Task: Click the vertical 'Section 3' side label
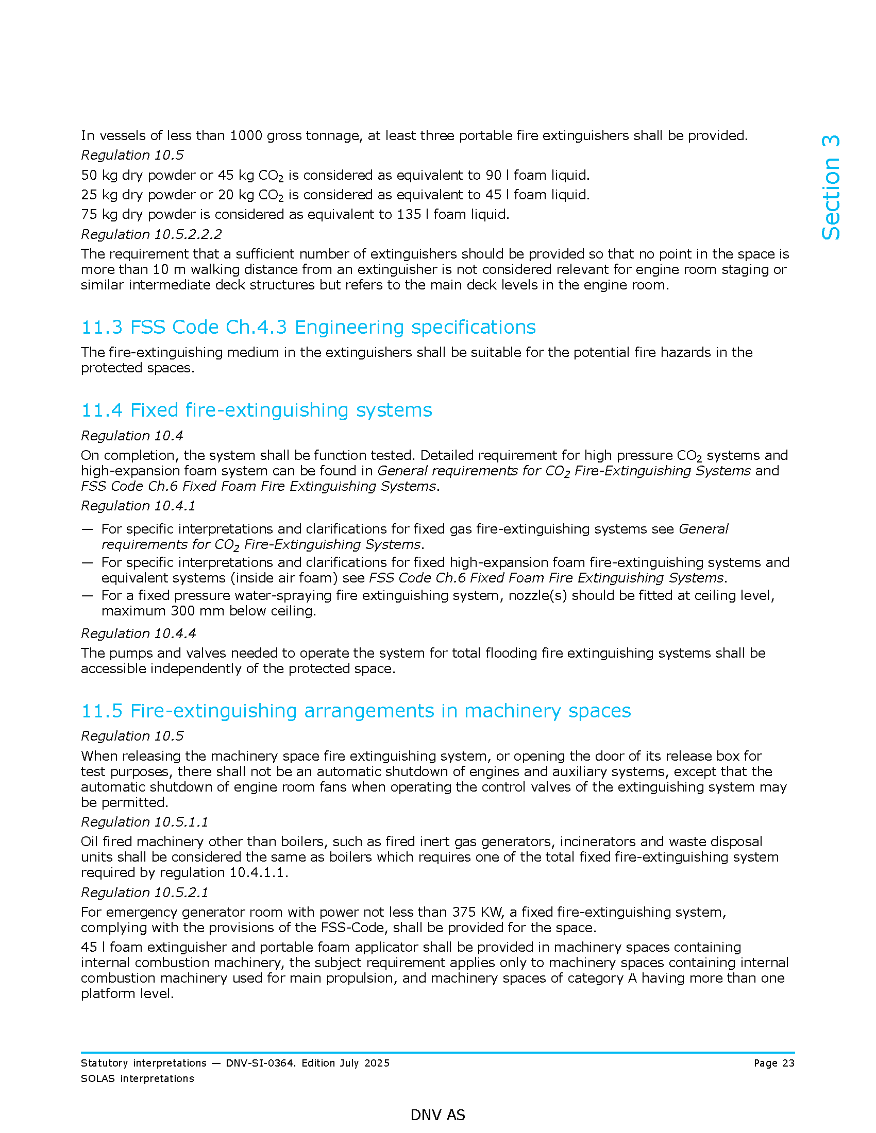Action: [830, 187]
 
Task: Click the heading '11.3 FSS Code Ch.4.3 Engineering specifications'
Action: [308, 328]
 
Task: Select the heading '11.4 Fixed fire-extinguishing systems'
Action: [257, 410]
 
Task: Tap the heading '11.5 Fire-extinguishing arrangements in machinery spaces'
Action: [356, 711]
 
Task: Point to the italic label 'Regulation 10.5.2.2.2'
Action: [151, 234]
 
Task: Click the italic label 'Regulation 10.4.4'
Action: [138, 633]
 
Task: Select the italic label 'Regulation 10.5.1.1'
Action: [144, 822]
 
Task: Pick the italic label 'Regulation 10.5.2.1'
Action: [144, 892]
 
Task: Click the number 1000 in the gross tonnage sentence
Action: [246, 135]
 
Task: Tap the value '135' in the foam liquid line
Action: [409, 214]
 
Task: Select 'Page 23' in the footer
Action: [774, 1063]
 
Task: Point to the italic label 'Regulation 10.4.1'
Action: [138, 506]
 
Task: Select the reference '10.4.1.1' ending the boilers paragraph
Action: [257, 872]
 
